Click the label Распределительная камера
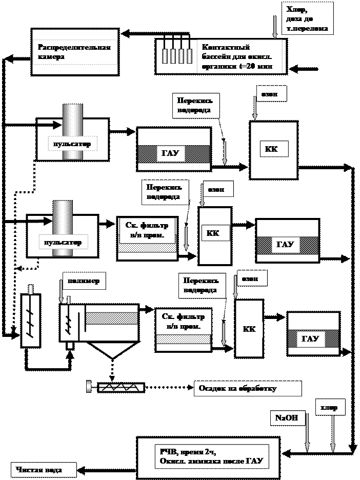click(x=74, y=52)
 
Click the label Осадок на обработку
click(x=237, y=389)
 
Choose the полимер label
click(x=84, y=281)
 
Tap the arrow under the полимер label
click(x=62, y=294)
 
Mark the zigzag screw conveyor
click(x=121, y=387)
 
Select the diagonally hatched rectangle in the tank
click(x=112, y=318)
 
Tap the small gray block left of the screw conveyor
click(x=89, y=386)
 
